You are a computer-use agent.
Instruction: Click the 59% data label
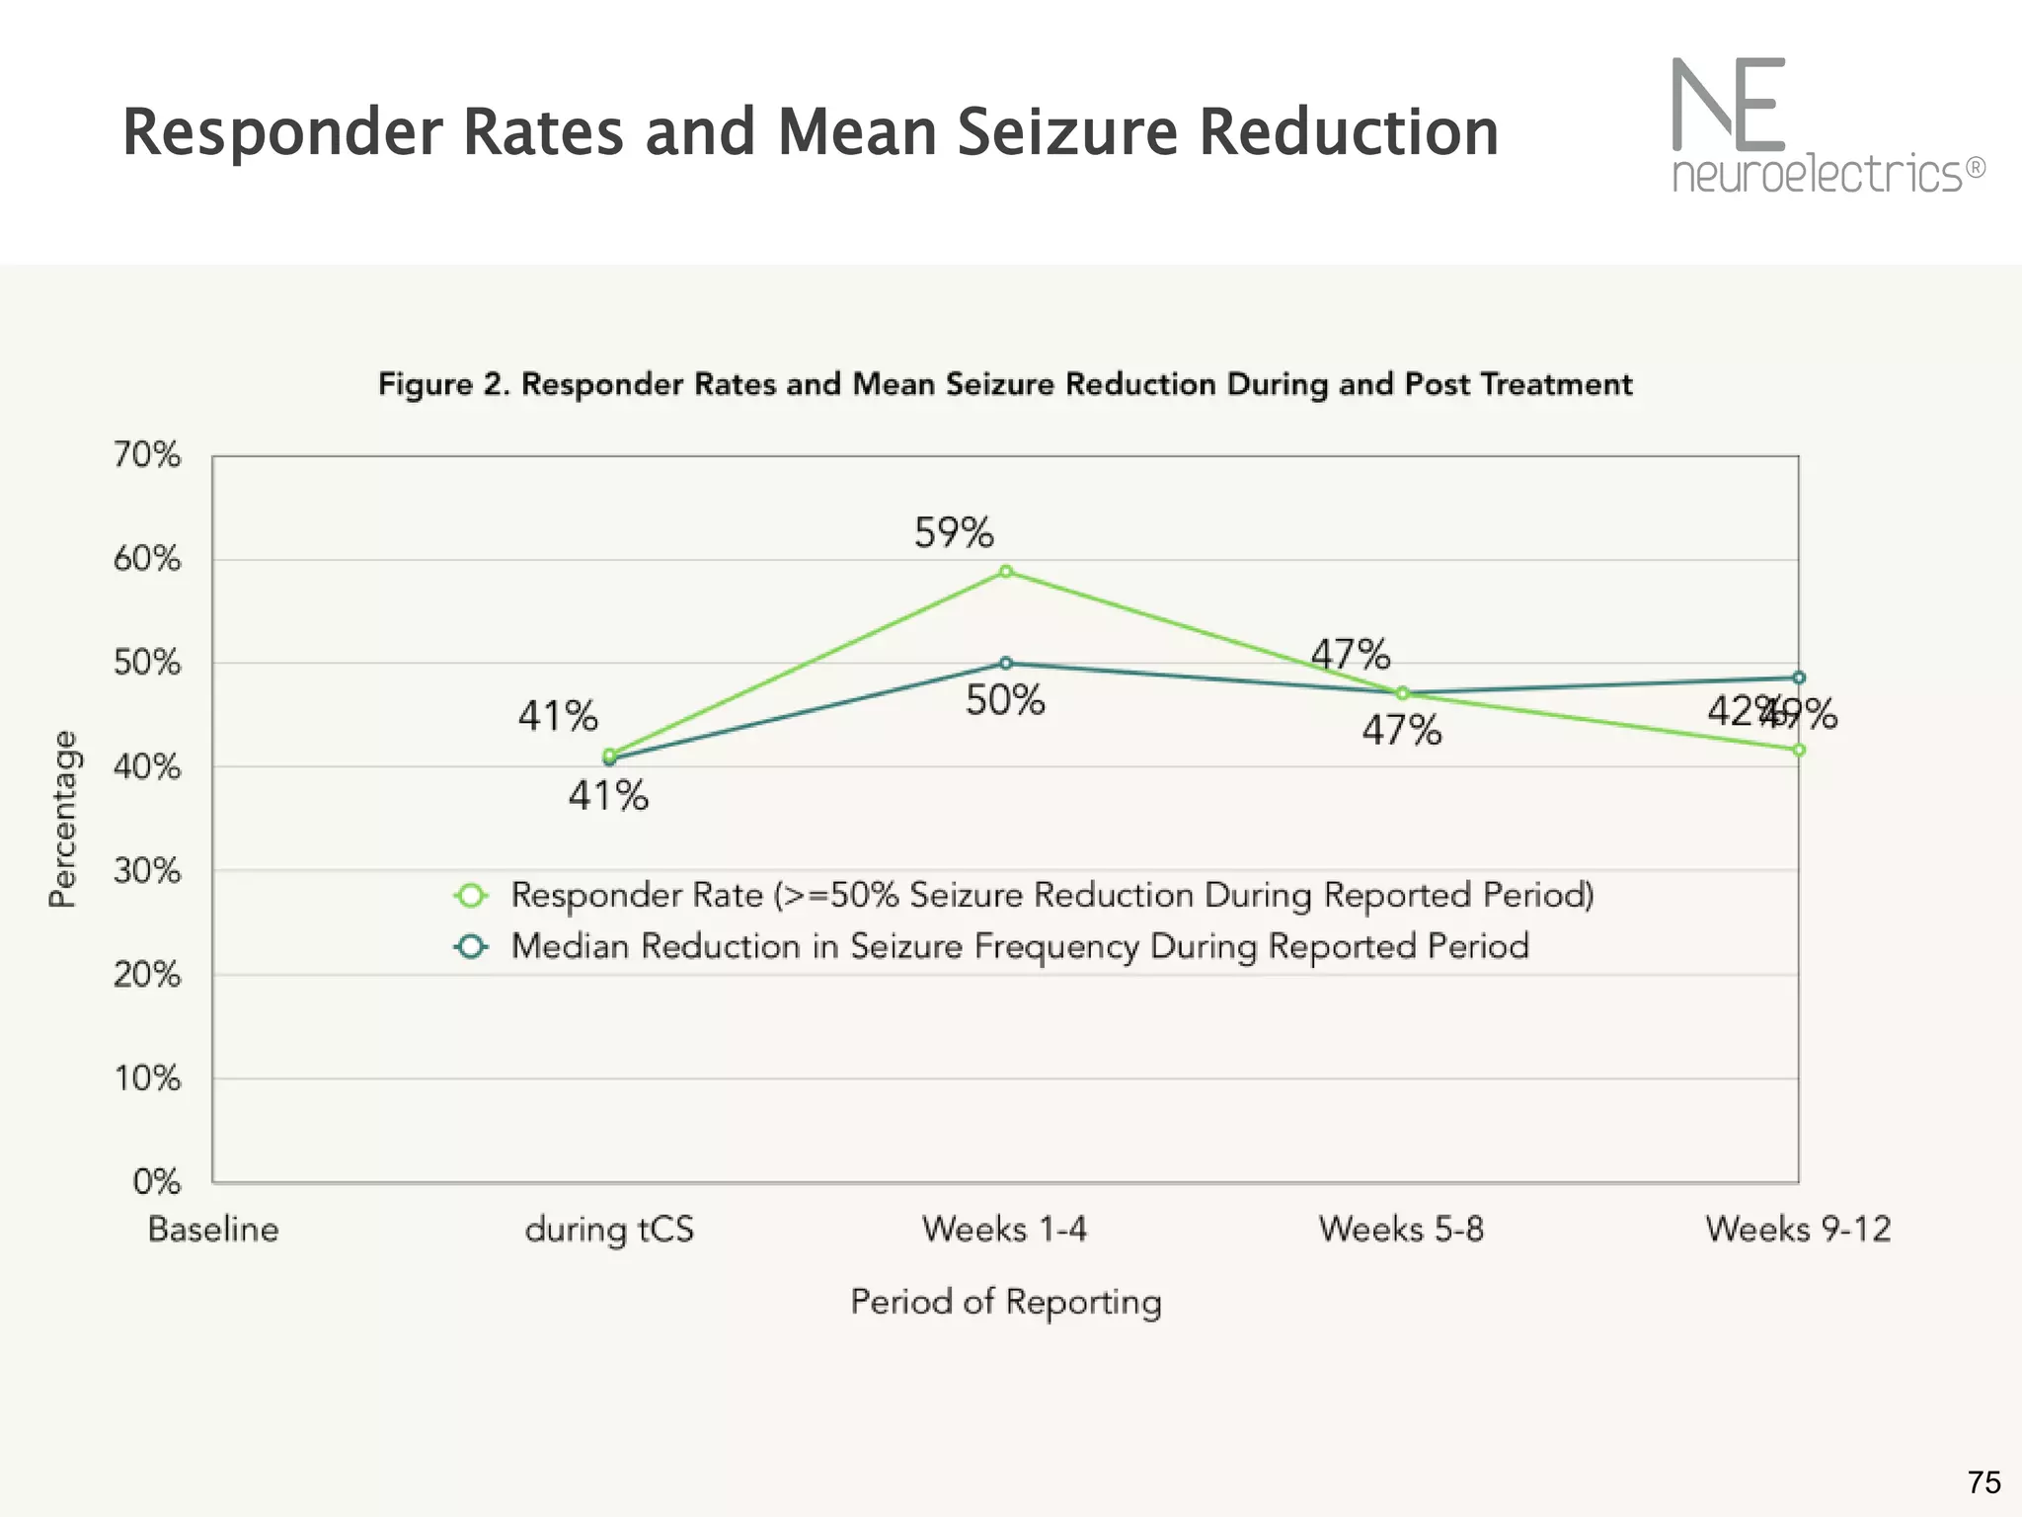click(953, 533)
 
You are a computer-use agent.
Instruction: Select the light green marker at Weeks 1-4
click(1005, 572)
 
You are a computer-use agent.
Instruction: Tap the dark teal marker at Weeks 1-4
click(1005, 663)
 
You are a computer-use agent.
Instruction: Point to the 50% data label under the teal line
click(1005, 701)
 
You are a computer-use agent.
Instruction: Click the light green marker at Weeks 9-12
click(1799, 751)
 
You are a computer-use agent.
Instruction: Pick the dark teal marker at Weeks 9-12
click(1799, 678)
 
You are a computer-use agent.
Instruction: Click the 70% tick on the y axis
click(147, 455)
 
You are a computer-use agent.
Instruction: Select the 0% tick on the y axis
click(157, 1181)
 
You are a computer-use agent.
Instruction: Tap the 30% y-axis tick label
click(147, 871)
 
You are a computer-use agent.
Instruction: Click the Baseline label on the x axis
click(213, 1230)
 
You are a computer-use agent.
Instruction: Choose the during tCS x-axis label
click(609, 1230)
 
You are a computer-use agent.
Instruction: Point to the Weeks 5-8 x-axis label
click(1401, 1230)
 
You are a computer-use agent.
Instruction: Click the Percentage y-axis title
click(62, 819)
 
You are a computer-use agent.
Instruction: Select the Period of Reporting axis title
click(1005, 1302)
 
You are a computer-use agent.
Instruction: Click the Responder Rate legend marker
click(471, 896)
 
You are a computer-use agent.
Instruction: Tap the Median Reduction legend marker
click(471, 946)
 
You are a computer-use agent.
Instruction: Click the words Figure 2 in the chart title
click(442, 384)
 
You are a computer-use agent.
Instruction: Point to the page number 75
click(1983, 1482)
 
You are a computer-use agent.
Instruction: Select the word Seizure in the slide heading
click(1067, 132)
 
